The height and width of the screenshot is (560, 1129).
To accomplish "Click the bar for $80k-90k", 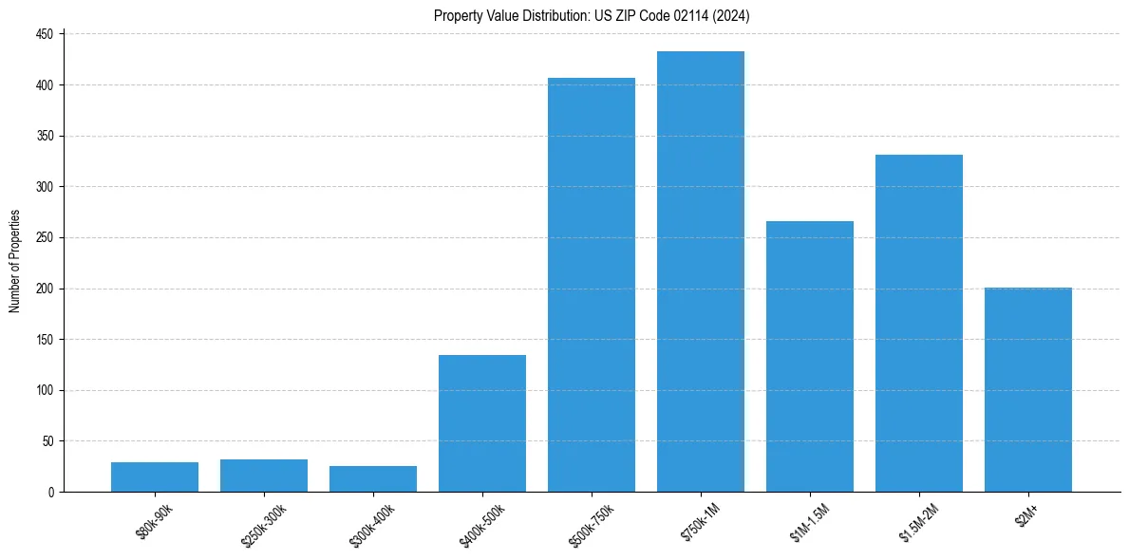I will pyautogui.click(x=155, y=477).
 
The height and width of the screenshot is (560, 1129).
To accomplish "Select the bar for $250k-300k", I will pyautogui.click(x=264, y=476).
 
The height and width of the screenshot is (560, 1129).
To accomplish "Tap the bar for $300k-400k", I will pyautogui.click(x=373, y=479).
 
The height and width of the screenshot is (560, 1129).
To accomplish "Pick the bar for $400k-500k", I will pyautogui.click(x=482, y=423).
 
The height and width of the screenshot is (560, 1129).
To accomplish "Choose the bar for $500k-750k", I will pyautogui.click(x=592, y=285).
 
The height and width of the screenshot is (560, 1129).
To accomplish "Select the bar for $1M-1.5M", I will pyautogui.click(x=810, y=357).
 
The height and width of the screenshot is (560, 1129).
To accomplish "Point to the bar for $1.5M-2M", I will pyautogui.click(x=919, y=324).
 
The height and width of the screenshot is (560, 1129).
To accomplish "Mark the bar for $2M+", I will pyautogui.click(x=1028, y=390).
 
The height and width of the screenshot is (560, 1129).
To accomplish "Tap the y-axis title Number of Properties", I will pyautogui.click(x=15, y=261).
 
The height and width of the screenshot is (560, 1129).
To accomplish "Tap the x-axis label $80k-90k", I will pyautogui.click(x=155, y=523).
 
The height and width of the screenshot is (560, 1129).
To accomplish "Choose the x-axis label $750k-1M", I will pyautogui.click(x=701, y=523).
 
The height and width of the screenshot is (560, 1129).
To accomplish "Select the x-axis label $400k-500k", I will pyautogui.click(x=482, y=525).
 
